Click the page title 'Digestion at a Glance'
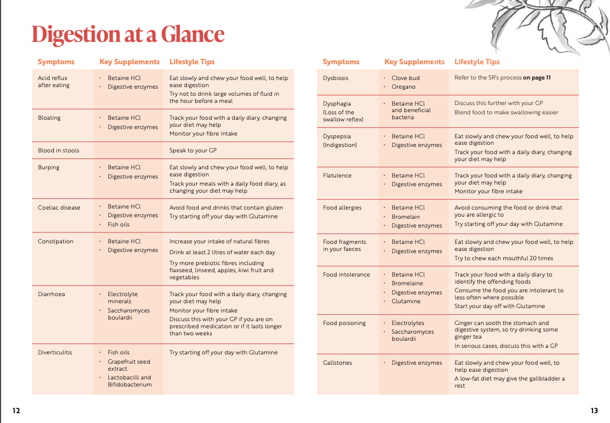128,34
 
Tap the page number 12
16,410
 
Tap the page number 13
594,410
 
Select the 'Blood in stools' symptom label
58,150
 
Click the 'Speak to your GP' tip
193,150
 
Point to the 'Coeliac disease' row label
59,207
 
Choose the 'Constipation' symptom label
56,241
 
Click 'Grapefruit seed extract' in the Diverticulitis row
129,365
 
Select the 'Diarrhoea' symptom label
51,294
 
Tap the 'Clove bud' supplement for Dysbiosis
406,78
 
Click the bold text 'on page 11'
536,77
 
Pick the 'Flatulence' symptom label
337,175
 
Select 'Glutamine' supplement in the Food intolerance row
406,301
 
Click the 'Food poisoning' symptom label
344,323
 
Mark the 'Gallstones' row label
337,363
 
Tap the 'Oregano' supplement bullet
403,87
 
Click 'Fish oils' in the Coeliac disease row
119,224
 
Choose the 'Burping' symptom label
48,167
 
